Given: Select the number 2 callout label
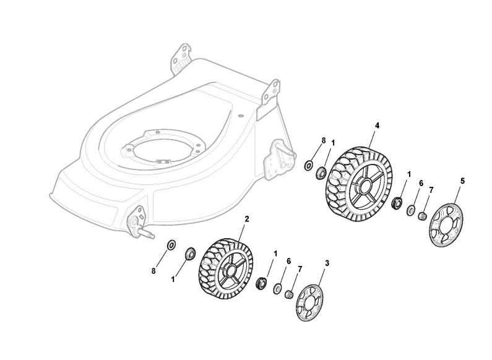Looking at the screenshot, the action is point(247,219).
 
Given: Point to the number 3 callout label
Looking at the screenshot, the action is point(327,263).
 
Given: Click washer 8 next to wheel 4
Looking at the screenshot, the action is point(308,165).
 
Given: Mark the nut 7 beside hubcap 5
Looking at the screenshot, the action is point(423,216).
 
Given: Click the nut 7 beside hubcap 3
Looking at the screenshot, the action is point(287,294).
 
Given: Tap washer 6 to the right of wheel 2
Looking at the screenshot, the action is point(275,288).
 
